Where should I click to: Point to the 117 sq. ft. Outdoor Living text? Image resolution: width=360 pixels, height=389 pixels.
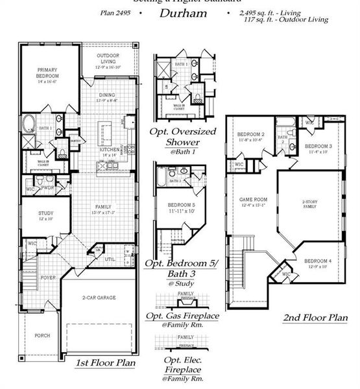pyautogui.click(x=285, y=20)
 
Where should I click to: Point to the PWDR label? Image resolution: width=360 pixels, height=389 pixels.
pyautogui.click(x=47, y=187)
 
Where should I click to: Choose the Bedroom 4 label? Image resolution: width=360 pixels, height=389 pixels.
pyautogui.click(x=318, y=263)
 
